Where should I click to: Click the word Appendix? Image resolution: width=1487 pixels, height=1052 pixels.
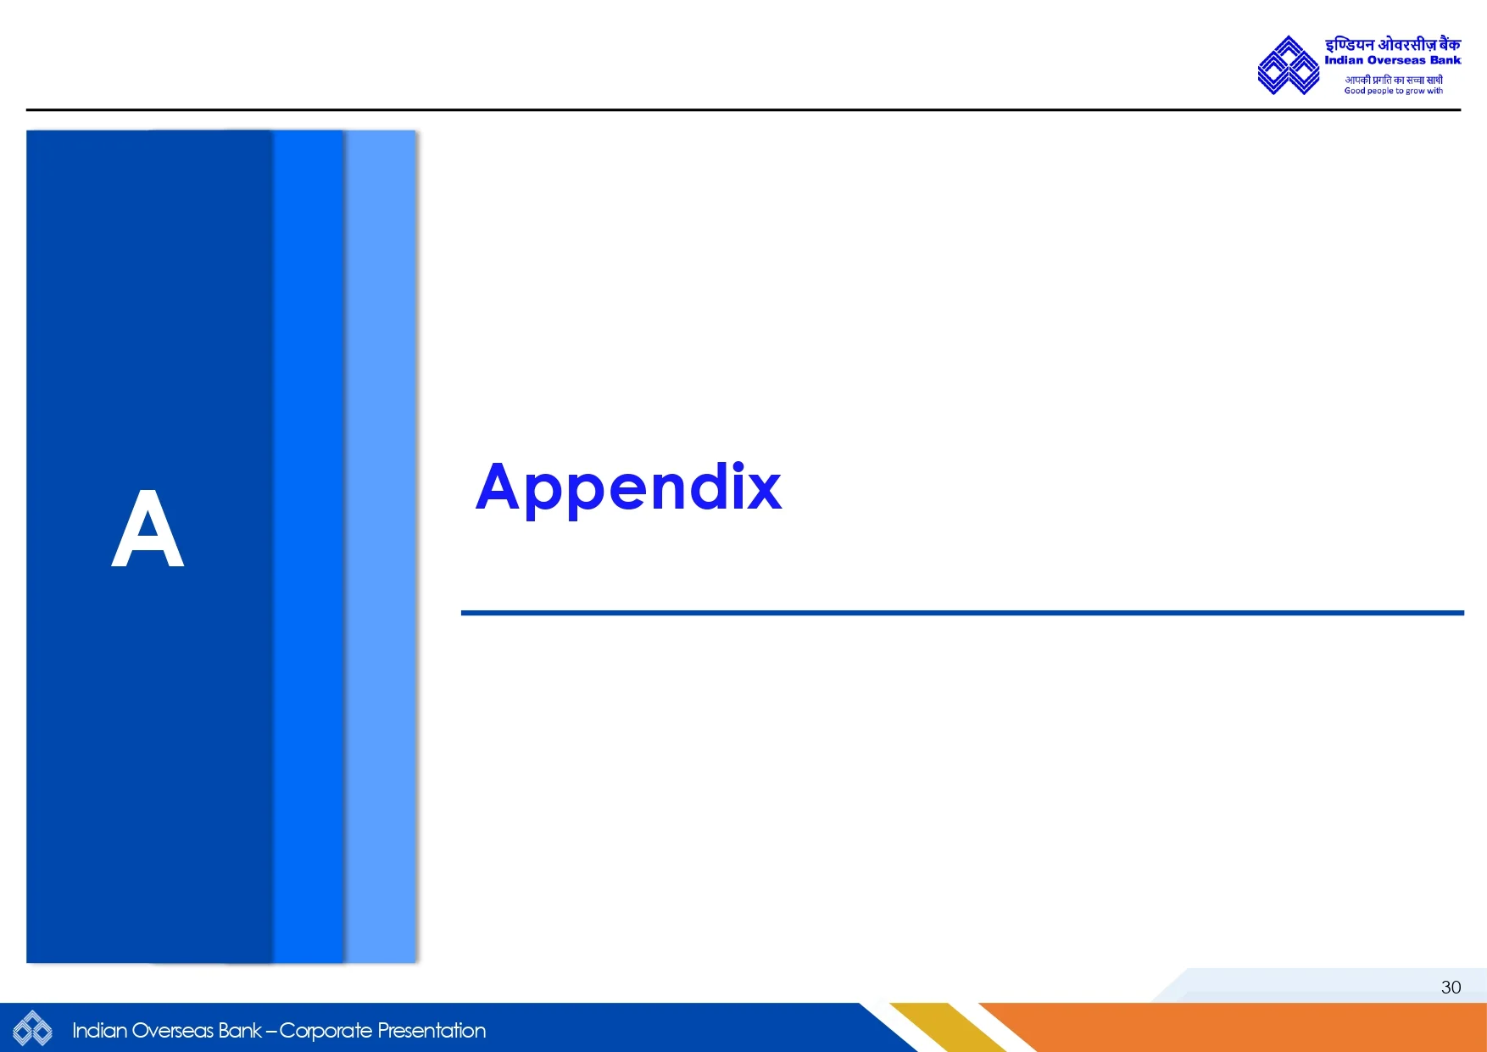[x=628, y=489]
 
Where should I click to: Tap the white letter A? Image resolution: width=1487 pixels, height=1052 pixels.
[x=148, y=528]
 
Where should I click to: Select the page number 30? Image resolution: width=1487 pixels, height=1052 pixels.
[x=1451, y=987]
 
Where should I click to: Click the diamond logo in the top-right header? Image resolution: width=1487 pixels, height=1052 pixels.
[x=1288, y=65]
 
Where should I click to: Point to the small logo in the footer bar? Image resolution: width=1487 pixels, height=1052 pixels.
[x=32, y=1028]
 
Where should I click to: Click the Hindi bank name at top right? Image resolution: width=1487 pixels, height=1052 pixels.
[x=1393, y=44]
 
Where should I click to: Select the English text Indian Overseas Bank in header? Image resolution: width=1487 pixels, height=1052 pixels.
[x=1393, y=60]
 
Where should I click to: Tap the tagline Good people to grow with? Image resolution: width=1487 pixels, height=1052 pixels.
[x=1393, y=91]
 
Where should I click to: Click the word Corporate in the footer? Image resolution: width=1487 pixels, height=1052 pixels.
[x=326, y=1031]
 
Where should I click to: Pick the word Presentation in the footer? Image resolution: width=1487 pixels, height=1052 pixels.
[x=432, y=1030]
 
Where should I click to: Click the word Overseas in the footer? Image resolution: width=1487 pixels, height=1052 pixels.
[x=173, y=1030]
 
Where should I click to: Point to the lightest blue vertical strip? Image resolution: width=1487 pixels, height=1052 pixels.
[x=381, y=546]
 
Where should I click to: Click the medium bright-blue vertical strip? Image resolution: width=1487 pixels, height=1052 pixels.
[x=309, y=546]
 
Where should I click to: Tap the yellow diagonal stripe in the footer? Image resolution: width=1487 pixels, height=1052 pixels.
[x=948, y=1027]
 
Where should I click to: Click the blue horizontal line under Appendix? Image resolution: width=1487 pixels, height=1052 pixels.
[x=962, y=612]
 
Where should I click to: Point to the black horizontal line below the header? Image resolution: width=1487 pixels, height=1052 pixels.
[x=743, y=109]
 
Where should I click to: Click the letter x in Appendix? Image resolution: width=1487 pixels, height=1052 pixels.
[x=763, y=489]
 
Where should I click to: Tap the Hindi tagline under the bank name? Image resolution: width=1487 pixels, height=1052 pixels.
[x=1394, y=80]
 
